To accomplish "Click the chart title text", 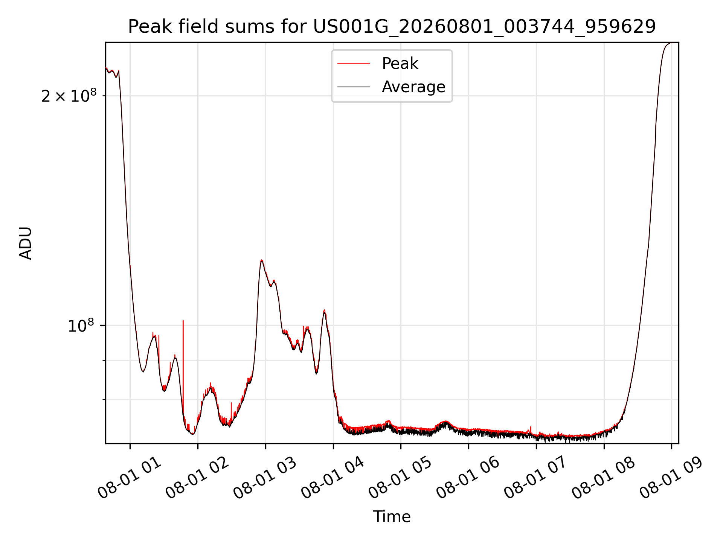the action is pos(392,27).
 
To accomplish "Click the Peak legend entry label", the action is pos(400,64).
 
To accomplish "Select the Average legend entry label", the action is pos(413,87).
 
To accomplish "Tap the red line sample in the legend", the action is pos(354,64).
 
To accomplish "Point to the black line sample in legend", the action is pos(354,87).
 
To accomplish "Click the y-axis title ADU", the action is pos(26,243).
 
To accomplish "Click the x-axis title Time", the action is pos(392,517).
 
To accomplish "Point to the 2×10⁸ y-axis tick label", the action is pos(69,96).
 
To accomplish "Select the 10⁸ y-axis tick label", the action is pos(81,326).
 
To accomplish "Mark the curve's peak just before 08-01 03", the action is pos(261,260).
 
